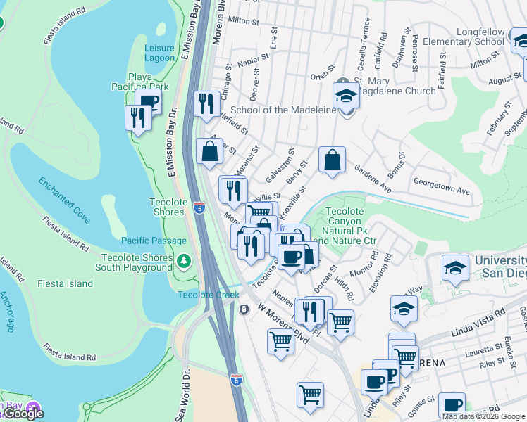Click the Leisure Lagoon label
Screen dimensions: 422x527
click(159, 53)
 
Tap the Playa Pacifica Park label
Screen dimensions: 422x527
click(139, 82)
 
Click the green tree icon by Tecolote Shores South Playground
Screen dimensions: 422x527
click(184, 262)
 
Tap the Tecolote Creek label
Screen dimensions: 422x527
click(209, 295)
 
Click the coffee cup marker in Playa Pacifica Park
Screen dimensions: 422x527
click(149, 101)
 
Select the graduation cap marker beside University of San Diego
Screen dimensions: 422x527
click(455, 269)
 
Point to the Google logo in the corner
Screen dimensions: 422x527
click(23, 414)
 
